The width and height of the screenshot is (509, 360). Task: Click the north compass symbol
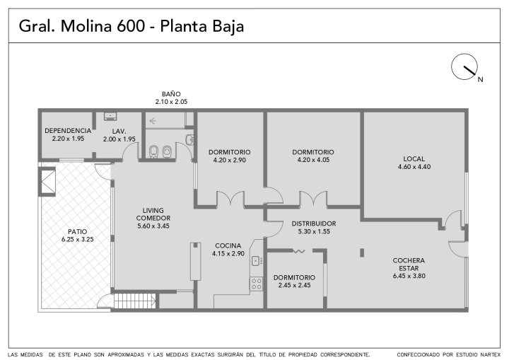click(x=464, y=66)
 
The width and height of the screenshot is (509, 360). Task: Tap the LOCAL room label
click(x=414, y=159)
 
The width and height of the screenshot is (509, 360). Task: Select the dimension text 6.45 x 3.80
click(x=409, y=276)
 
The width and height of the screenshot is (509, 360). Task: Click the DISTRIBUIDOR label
click(x=314, y=223)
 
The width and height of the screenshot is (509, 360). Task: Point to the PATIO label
click(x=77, y=232)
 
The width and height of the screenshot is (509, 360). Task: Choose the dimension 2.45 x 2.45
click(x=294, y=285)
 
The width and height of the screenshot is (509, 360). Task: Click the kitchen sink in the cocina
click(x=257, y=260)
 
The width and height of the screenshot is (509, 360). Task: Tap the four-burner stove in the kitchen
click(x=256, y=284)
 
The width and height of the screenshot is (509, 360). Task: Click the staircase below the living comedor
click(x=134, y=301)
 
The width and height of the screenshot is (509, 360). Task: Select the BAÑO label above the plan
click(x=171, y=94)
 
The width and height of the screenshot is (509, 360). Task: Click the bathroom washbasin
click(x=190, y=140)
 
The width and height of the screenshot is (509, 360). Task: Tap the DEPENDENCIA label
click(x=68, y=131)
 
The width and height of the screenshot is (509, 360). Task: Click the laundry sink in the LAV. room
click(x=110, y=116)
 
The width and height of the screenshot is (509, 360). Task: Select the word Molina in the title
click(x=86, y=26)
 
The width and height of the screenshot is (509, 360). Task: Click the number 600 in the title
click(x=131, y=26)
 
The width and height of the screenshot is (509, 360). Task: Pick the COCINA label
click(x=228, y=246)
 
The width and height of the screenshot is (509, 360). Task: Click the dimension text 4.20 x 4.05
click(x=313, y=160)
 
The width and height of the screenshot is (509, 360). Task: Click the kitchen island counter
click(x=195, y=261)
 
